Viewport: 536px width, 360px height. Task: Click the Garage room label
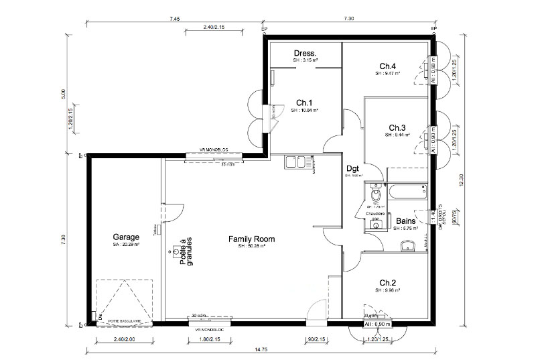pos(126,237)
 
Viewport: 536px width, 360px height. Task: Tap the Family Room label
pos(247,239)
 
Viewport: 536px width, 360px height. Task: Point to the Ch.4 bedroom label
pos(388,66)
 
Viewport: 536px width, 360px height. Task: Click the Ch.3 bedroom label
pos(397,127)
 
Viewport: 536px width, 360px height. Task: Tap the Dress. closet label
pos(305,53)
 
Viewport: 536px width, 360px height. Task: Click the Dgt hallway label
pos(353,169)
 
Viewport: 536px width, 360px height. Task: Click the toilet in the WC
pos(376,194)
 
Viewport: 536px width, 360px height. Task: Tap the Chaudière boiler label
pos(375,215)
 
